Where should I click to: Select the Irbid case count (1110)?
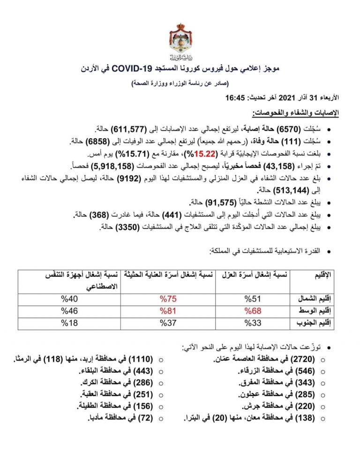[x=141, y=359]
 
